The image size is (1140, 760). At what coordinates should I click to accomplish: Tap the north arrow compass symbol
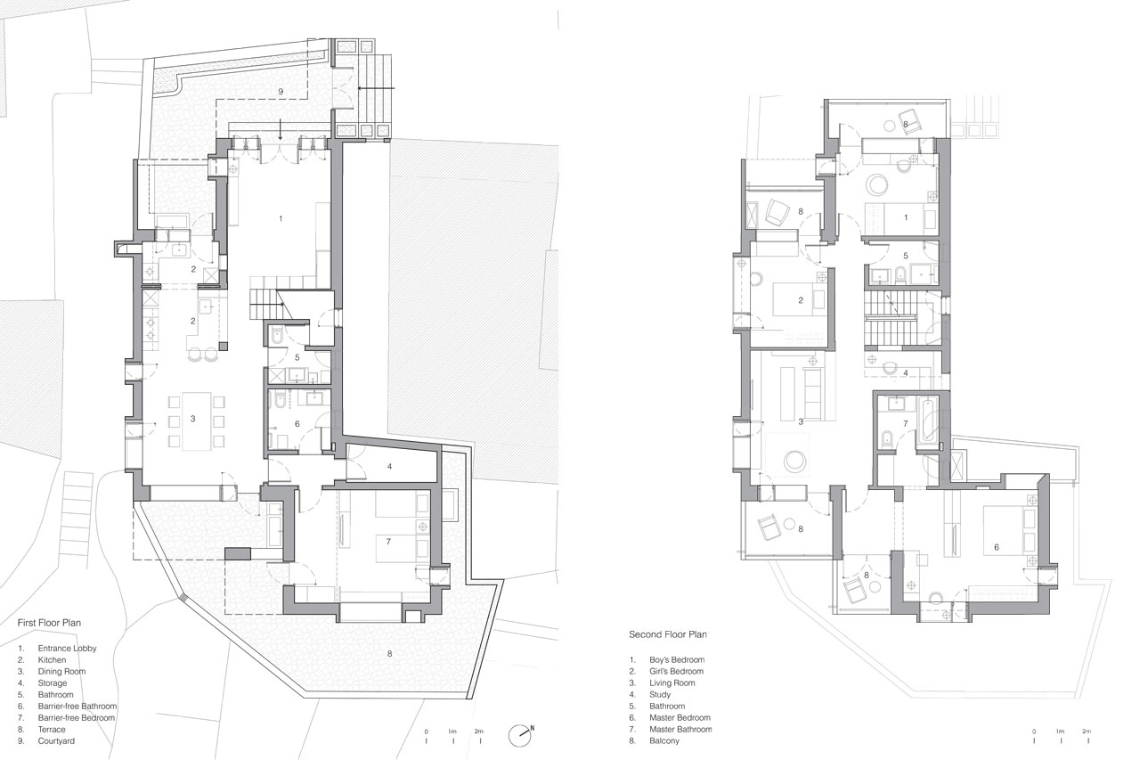520,736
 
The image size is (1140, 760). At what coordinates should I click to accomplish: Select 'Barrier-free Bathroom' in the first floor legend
77,706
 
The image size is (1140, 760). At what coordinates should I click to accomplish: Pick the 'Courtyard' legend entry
56,740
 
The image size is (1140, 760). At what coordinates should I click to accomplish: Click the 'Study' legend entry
660,694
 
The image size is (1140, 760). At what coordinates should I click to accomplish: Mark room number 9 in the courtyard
281,92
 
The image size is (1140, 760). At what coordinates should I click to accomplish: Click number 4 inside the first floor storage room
389,465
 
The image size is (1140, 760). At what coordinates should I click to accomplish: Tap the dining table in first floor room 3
197,421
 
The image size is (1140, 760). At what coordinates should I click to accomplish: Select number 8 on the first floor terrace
389,653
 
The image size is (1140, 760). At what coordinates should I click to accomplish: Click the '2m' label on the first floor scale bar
480,731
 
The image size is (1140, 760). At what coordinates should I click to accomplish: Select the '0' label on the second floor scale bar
1033,731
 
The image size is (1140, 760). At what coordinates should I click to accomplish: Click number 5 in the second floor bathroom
906,256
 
